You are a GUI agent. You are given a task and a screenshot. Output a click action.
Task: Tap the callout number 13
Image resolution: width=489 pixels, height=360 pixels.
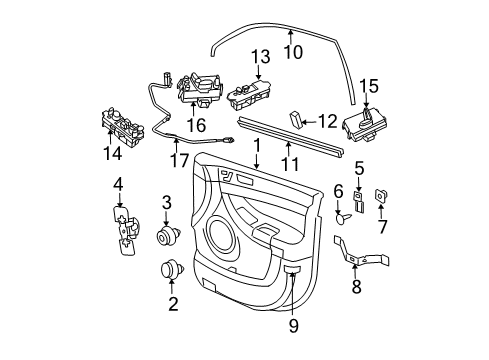(x=261, y=58)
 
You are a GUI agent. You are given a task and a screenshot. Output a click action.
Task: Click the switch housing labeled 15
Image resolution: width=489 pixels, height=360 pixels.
(x=365, y=125)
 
